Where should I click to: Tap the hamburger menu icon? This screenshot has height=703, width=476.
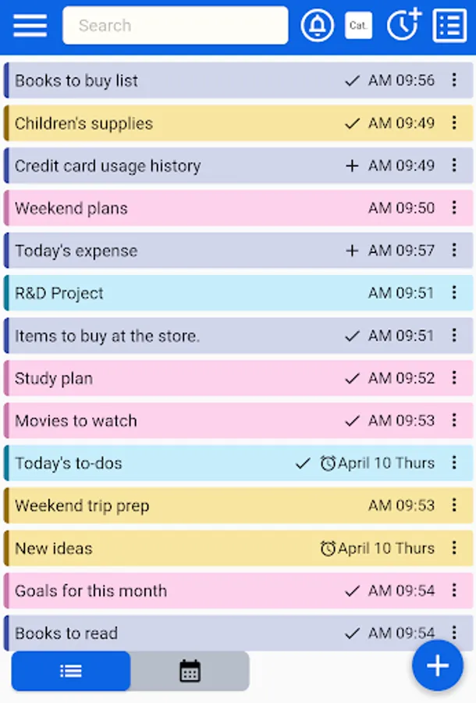[x=30, y=25]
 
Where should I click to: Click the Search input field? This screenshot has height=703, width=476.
[x=175, y=26]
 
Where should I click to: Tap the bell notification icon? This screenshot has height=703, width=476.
[x=317, y=26]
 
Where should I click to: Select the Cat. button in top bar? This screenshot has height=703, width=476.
[x=358, y=26]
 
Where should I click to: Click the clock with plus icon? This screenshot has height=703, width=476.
[x=403, y=25]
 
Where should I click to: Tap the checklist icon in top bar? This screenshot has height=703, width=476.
[x=449, y=26]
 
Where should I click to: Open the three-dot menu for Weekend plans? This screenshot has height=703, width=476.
[x=454, y=208]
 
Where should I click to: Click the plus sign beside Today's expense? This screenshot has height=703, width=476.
[x=352, y=251]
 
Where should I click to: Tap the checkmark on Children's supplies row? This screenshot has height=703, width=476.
[x=352, y=123]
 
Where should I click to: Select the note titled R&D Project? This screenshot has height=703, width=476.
[x=59, y=294]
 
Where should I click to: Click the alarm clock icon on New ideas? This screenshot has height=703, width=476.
[x=328, y=548]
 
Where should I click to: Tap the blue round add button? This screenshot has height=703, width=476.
[x=438, y=666]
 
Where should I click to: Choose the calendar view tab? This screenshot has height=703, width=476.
[x=190, y=671]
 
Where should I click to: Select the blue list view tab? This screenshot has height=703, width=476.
[x=71, y=671]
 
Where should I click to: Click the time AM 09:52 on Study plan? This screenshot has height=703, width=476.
[x=401, y=378]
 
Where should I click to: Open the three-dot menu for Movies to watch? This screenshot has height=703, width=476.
[x=454, y=420]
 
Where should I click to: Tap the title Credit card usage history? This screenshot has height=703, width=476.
[x=108, y=166]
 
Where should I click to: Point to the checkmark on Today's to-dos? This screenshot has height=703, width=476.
[x=303, y=463]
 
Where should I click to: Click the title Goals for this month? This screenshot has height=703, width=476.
[x=91, y=591]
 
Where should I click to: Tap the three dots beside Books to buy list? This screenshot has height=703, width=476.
[x=454, y=80]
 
